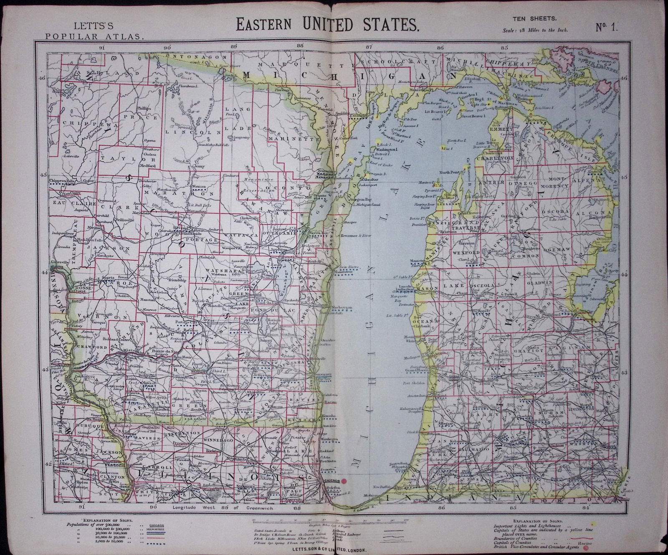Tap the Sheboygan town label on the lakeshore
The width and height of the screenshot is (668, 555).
(x=342, y=307)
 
